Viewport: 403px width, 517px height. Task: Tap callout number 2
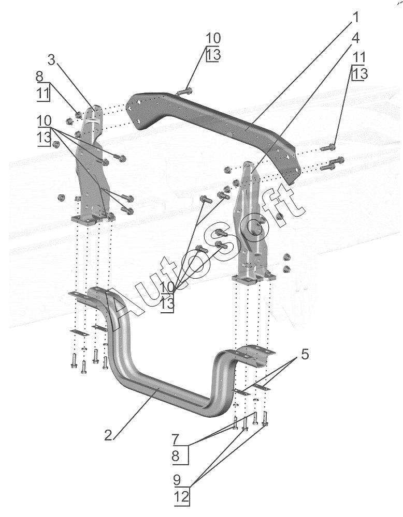point(108,435)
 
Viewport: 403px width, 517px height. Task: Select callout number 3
point(51,60)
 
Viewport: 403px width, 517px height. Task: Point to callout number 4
point(355,38)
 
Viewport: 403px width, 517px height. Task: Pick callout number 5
point(305,355)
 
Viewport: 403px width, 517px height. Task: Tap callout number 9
point(177,479)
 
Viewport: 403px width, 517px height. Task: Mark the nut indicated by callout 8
point(79,115)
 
